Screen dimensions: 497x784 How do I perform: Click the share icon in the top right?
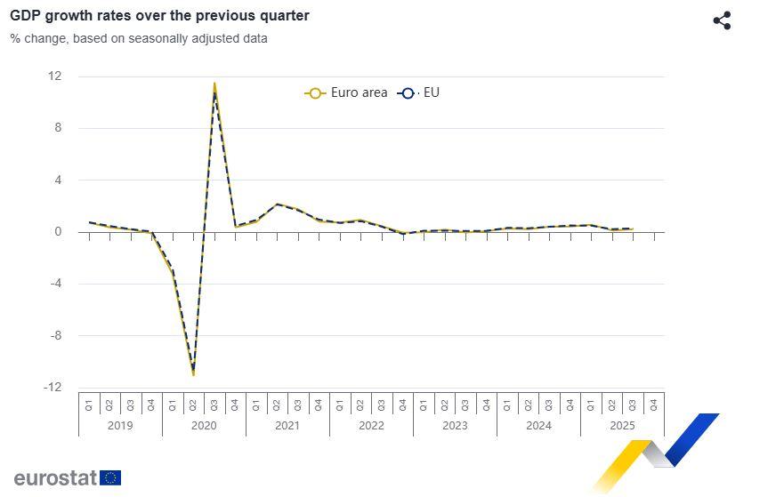click(722, 20)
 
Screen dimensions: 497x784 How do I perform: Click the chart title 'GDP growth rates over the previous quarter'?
click(159, 16)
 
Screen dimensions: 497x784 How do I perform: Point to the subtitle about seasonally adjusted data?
click(139, 38)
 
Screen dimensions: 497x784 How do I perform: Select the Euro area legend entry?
click(347, 92)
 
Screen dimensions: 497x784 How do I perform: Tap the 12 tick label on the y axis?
click(55, 76)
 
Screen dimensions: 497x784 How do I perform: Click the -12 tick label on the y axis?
click(53, 388)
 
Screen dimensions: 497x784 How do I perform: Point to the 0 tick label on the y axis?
click(58, 232)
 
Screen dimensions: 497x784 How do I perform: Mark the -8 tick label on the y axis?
click(55, 336)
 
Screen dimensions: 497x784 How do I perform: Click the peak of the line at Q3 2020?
click(214, 85)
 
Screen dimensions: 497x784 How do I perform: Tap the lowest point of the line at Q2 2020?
click(193, 373)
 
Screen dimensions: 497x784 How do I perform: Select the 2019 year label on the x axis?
click(120, 426)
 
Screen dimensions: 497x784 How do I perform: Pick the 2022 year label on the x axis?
click(371, 426)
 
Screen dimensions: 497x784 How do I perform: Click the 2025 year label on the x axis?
click(622, 426)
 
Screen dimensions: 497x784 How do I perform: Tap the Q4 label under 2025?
click(654, 405)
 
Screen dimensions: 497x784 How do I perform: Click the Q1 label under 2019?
click(89, 405)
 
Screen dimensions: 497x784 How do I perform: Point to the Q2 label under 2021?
click(277, 405)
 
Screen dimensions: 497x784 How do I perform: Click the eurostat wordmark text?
click(54, 478)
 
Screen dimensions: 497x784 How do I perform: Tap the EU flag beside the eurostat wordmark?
click(110, 478)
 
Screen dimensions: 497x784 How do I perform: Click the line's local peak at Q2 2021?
click(277, 204)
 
